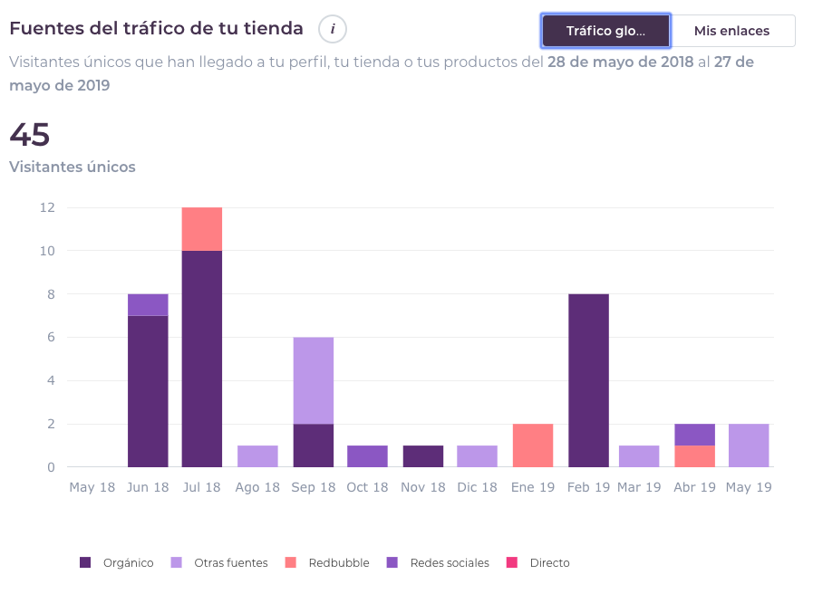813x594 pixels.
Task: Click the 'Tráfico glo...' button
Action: (605, 31)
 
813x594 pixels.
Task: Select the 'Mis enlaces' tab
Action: (731, 31)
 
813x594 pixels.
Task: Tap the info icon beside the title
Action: (333, 29)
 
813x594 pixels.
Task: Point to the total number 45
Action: (29, 135)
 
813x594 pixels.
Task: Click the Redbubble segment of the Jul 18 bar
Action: (202, 229)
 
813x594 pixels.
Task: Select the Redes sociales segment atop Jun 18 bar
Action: (148, 305)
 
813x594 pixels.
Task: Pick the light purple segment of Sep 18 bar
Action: (313, 380)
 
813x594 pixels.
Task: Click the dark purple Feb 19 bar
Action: (588, 380)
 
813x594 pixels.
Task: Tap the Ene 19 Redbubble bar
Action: (533, 445)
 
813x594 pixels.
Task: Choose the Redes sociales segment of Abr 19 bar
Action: (694, 435)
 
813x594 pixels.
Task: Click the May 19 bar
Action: (749, 445)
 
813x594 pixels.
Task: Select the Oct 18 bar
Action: (367, 456)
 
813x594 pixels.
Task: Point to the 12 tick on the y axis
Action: (47, 207)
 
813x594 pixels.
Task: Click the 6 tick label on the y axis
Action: (51, 338)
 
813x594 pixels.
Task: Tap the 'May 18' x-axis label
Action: (92, 487)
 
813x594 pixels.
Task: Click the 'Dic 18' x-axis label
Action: (477, 487)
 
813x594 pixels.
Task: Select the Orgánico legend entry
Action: (117, 562)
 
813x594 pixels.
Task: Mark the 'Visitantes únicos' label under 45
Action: (73, 167)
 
